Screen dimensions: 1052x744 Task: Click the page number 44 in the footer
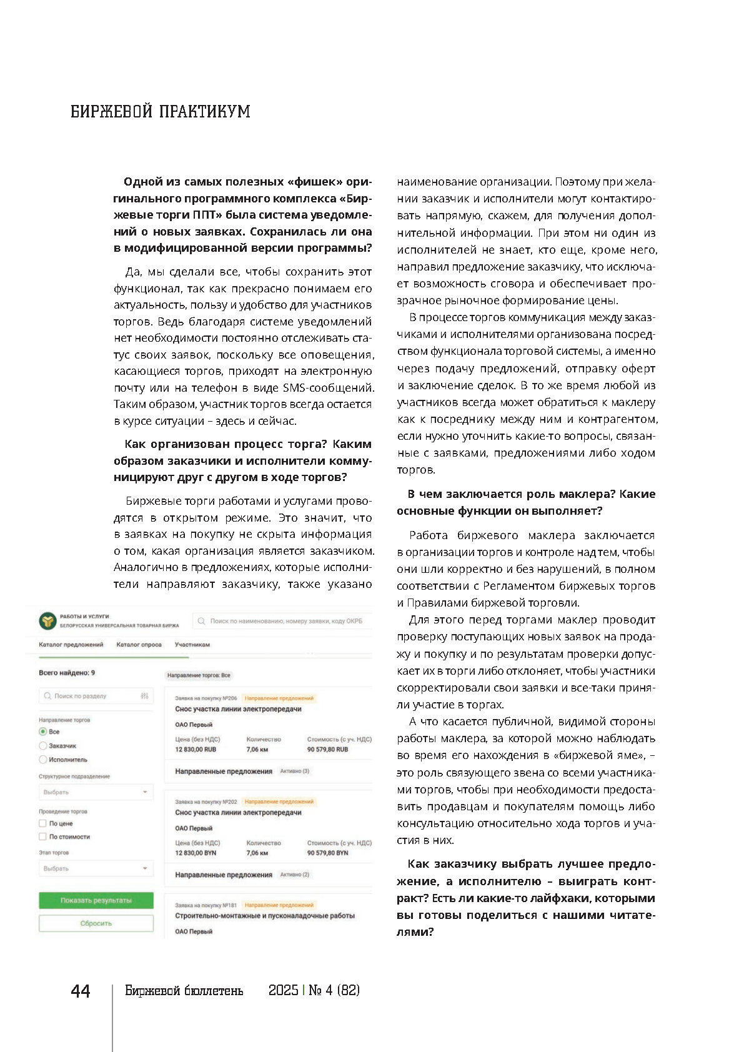(x=81, y=991)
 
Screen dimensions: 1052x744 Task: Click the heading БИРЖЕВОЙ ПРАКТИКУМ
(x=161, y=112)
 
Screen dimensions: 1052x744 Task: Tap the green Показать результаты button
(x=96, y=900)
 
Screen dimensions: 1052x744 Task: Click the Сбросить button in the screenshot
(x=96, y=923)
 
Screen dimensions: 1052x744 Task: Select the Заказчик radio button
(x=43, y=746)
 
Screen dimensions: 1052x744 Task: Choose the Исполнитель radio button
(x=43, y=760)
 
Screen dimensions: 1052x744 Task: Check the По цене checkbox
(x=43, y=823)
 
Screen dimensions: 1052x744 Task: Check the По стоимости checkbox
(x=43, y=836)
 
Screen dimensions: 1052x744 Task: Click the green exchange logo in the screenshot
(x=47, y=621)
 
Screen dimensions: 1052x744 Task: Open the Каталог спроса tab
(x=139, y=645)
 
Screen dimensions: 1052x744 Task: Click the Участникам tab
(x=192, y=645)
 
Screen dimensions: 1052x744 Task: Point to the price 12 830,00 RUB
(x=196, y=750)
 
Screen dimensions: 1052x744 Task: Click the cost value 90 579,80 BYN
(x=328, y=853)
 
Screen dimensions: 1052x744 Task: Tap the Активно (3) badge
(x=295, y=772)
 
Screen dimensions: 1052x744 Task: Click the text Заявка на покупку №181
(x=206, y=905)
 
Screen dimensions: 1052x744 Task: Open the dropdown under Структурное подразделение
(x=96, y=792)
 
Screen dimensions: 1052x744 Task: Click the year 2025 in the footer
(x=284, y=991)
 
